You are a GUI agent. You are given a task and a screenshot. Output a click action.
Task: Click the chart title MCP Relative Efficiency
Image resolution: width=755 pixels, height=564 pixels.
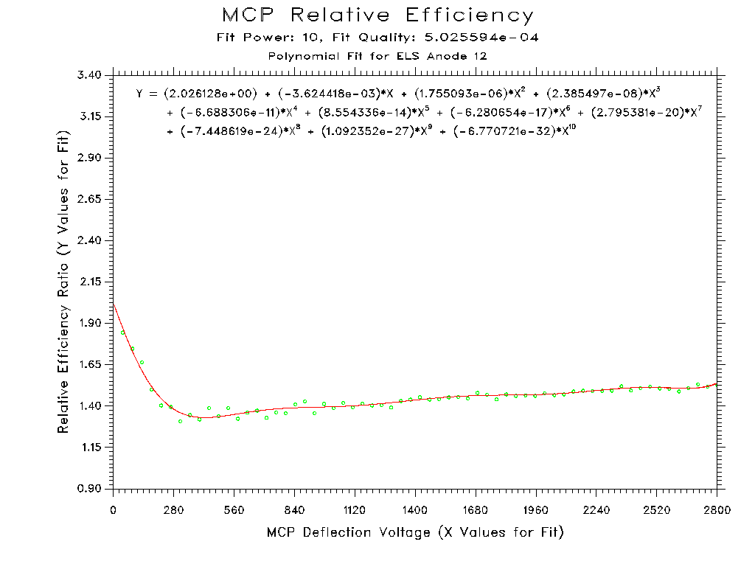[x=377, y=15]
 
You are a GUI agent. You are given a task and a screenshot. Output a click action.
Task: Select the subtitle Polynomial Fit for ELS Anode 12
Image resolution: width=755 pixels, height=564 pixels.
[x=377, y=56]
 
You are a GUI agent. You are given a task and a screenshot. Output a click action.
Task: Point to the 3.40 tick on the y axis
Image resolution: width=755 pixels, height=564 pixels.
[x=91, y=75]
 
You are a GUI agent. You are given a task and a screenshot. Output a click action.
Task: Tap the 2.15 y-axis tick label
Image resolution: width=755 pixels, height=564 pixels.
[x=91, y=282]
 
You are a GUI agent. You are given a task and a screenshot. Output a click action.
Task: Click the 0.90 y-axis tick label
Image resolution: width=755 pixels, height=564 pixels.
[x=91, y=489]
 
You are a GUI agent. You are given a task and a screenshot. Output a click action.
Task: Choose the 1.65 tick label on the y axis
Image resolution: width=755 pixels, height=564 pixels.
[x=91, y=365]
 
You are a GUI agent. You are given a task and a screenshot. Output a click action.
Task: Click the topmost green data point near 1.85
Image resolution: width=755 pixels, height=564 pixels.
[x=122, y=333]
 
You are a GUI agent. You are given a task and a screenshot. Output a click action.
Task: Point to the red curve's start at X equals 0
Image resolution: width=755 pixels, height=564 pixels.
[x=114, y=303]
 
